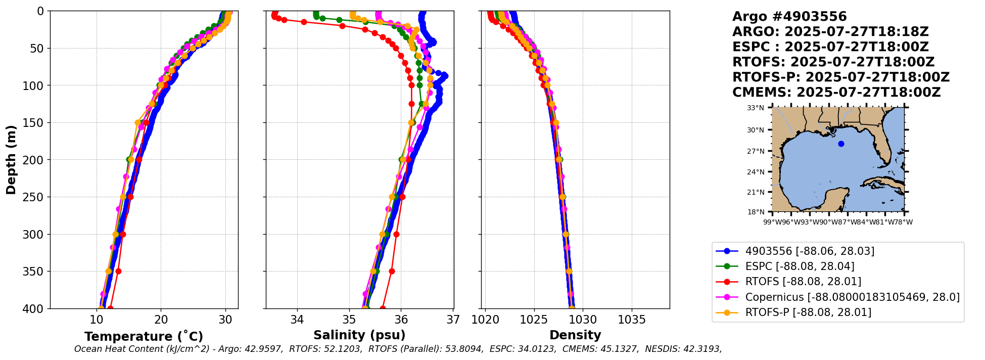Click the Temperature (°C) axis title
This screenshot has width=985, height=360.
[144, 337]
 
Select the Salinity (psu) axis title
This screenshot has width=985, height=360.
[359, 335]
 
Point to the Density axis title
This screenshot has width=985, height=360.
[575, 335]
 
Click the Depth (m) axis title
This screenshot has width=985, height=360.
[11, 160]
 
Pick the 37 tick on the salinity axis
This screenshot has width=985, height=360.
[453, 320]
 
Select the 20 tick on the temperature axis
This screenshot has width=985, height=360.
[161, 320]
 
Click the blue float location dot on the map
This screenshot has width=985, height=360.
[841, 144]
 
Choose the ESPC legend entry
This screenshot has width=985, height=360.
[800, 266]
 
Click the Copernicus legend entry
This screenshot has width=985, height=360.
[852, 297]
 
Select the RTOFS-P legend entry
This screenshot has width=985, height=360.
[808, 312]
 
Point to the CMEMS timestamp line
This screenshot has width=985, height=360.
[836, 93]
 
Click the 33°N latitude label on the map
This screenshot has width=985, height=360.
[756, 108]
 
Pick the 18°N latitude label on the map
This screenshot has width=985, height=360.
[756, 212]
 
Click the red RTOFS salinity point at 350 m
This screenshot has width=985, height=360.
[392, 272]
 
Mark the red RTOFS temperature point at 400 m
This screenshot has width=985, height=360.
[110, 308]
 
